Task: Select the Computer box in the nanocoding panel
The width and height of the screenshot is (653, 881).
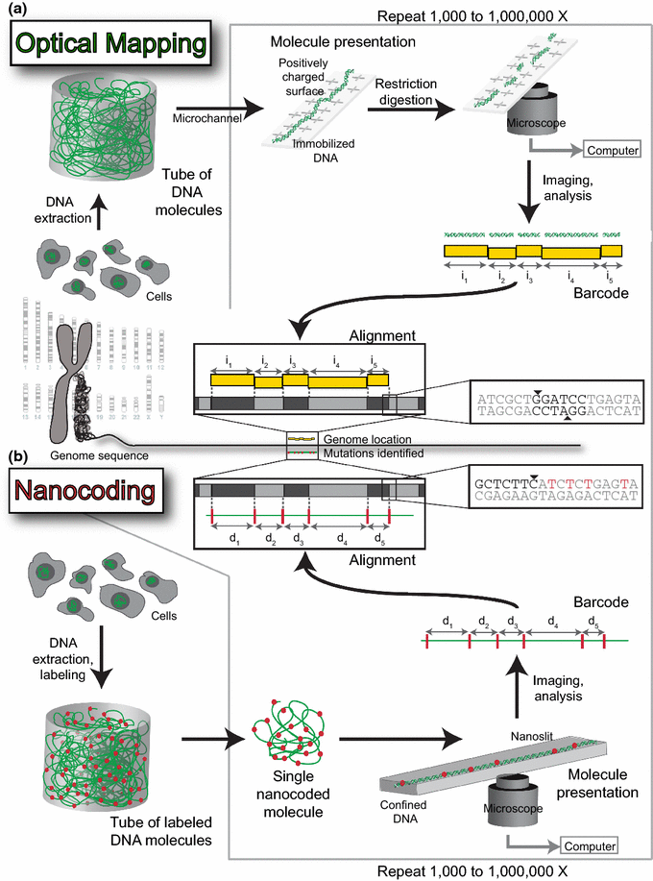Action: point(588,845)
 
